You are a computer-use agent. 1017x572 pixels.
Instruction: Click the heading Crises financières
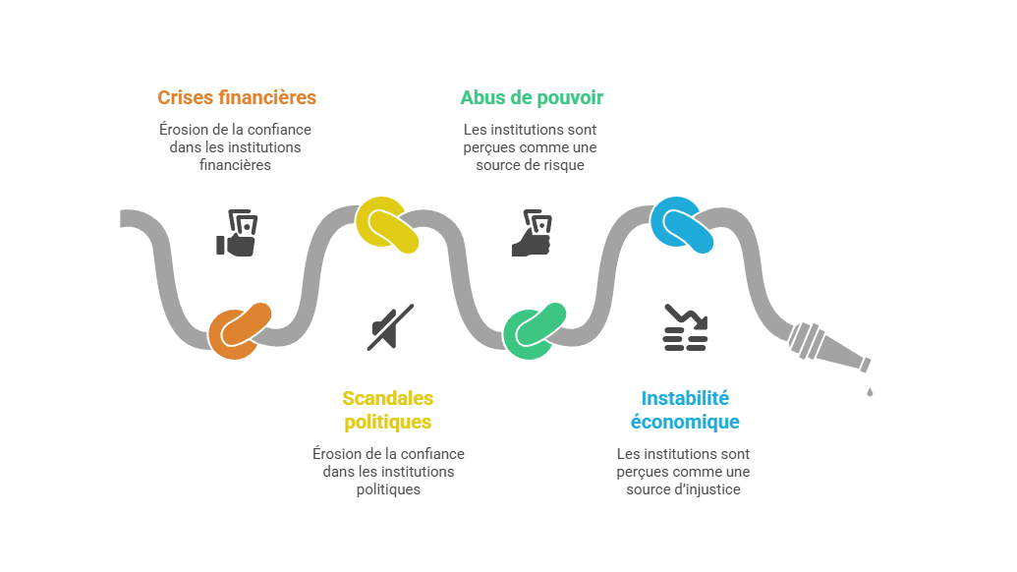point(236,97)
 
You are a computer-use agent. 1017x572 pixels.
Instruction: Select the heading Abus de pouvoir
point(532,97)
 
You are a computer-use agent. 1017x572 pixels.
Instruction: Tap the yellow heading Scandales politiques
point(387,410)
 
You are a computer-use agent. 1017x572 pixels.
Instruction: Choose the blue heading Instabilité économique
point(684,410)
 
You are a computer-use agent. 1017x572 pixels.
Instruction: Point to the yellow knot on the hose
point(387,224)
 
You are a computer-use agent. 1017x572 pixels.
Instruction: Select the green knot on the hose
point(536,330)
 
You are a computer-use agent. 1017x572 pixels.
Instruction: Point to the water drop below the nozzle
point(870,392)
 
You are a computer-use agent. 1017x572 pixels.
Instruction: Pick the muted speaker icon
point(389,327)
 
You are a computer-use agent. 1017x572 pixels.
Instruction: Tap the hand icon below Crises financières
point(237,233)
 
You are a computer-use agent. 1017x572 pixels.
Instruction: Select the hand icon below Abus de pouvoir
point(532,233)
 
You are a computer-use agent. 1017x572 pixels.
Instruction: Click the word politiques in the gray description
point(387,488)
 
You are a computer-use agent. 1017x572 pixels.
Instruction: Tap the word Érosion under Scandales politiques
point(332,454)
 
